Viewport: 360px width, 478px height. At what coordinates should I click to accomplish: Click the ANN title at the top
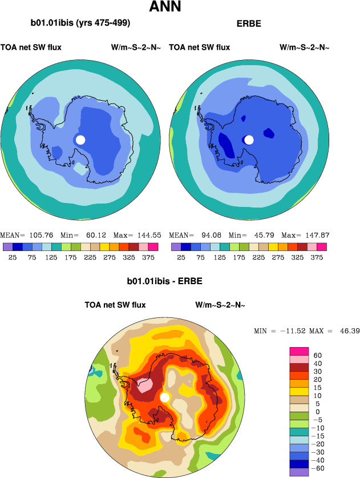[x=165, y=7]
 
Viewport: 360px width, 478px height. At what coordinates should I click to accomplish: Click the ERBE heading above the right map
[x=248, y=24]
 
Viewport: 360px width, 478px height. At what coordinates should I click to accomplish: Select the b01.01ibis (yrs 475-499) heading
[x=80, y=23]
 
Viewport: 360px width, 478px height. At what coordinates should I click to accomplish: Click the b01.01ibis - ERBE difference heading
[x=165, y=281]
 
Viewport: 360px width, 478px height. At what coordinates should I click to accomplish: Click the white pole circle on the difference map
[x=165, y=397]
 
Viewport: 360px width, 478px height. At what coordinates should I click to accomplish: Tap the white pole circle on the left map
[x=80, y=140]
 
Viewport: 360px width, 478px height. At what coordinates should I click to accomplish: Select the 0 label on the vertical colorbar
[x=317, y=412]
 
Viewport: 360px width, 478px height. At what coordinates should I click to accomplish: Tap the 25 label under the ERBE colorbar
[x=181, y=257]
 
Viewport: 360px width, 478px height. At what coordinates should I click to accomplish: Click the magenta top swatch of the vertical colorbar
[x=299, y=350]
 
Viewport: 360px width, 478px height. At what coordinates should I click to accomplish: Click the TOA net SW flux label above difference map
[x=115, y=305]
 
